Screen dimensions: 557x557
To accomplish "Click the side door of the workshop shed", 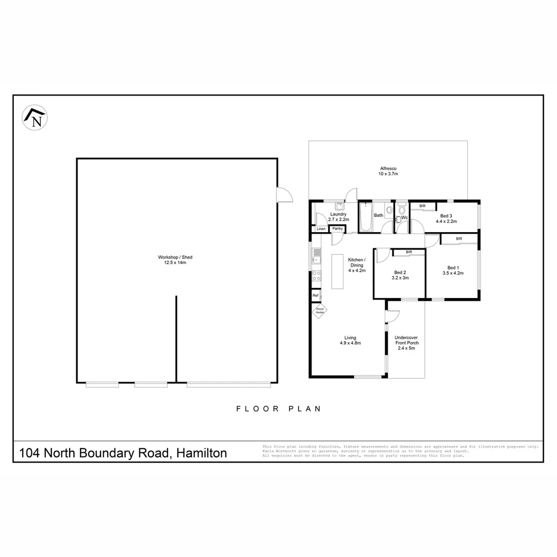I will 284,194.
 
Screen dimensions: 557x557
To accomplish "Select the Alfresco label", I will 388,169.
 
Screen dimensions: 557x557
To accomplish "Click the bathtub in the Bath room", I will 365,217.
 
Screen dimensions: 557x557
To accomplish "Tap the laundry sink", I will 339,206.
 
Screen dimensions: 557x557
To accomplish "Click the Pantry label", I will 338,228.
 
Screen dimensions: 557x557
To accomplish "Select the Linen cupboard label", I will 321,228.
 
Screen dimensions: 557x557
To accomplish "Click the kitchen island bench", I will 337,272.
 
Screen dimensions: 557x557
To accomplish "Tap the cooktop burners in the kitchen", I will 316,276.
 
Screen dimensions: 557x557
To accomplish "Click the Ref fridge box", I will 315,296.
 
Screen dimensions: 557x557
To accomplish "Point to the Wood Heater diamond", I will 320,311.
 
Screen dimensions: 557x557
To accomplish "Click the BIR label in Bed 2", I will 409,252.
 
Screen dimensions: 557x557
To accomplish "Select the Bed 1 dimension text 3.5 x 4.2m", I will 453,273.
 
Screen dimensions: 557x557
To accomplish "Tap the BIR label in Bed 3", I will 422,206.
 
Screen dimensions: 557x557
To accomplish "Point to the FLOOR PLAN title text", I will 278,409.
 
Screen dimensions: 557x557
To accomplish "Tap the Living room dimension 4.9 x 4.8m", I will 350,343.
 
